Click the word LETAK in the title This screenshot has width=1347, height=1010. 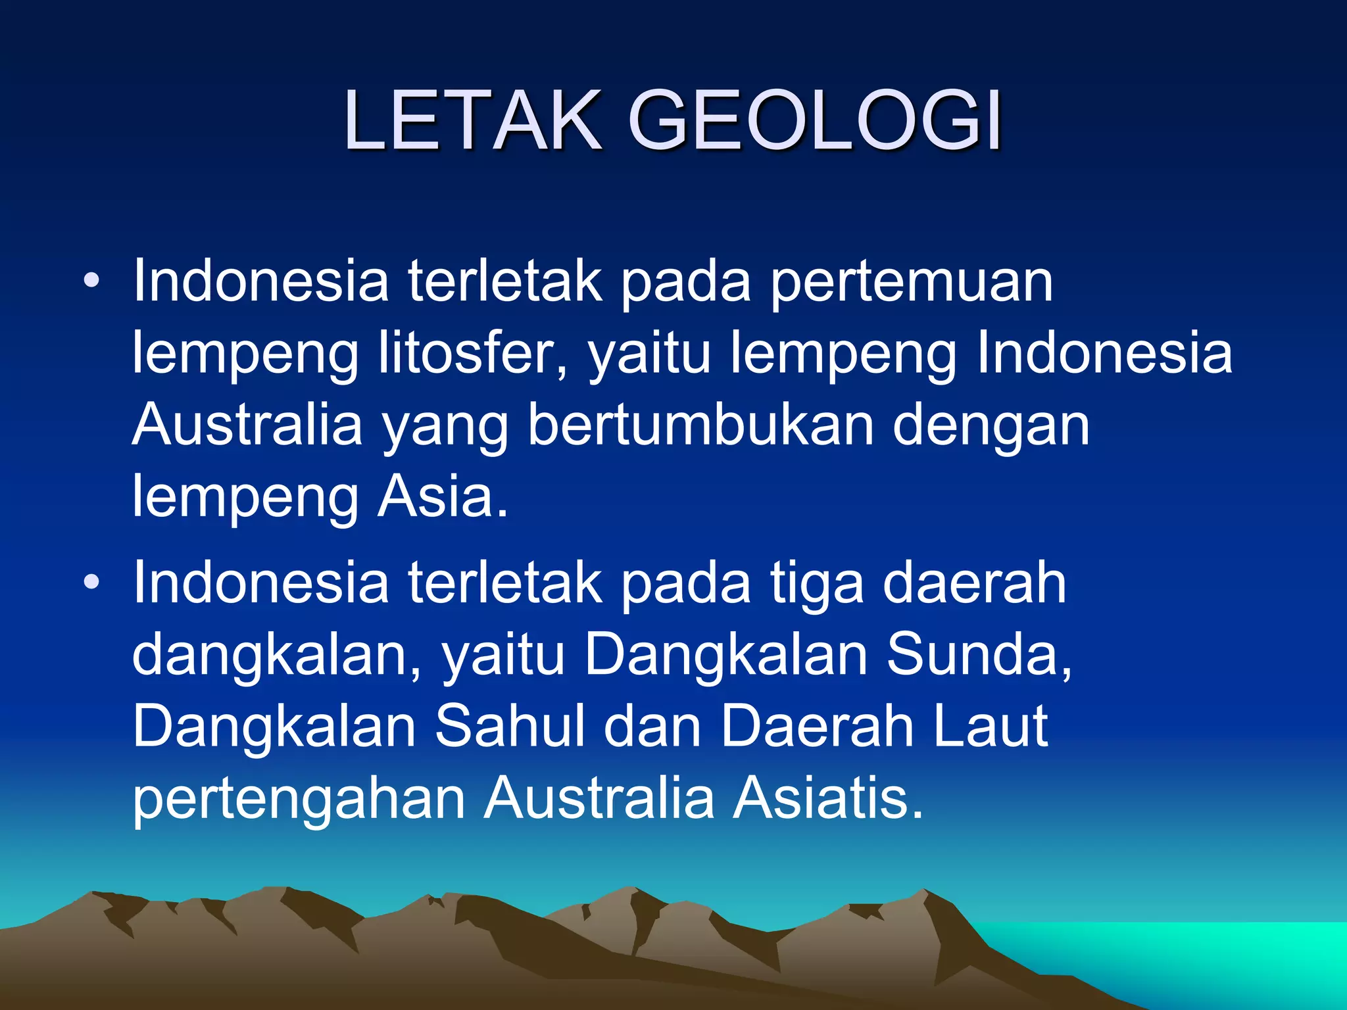(472, 120)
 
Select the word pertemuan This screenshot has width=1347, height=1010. (912, 283)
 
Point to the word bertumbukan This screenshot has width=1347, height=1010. (700, 425)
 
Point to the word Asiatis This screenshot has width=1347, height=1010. (827, 798)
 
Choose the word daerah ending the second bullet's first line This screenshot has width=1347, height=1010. (973, 583)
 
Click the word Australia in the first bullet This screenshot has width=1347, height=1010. (247, 425)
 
